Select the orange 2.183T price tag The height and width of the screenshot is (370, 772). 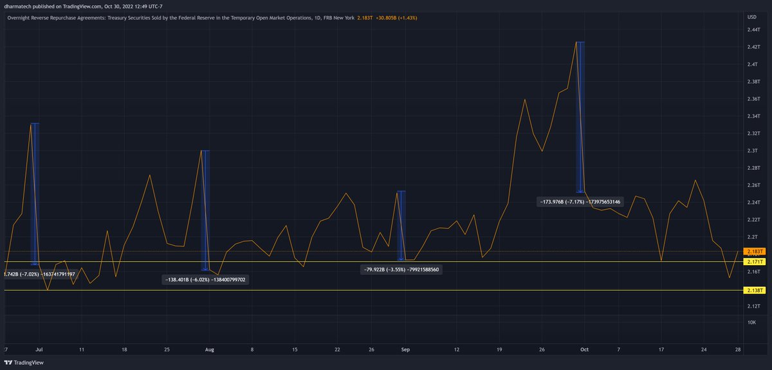(x=754, y=251)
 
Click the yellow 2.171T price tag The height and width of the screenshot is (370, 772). (x=754, y=262)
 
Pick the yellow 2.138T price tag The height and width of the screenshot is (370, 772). (x=754, y=291)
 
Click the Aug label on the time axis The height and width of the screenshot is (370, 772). (x=208, y=350)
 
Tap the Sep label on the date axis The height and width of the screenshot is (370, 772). (x=405, y=350)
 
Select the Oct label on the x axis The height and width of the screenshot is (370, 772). (x=584, y=350)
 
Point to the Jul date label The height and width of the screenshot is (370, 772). (x=39, y=350)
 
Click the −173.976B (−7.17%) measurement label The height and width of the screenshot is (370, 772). (x=581, y=202)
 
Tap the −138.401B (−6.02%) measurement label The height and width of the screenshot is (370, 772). (x=206, y=280)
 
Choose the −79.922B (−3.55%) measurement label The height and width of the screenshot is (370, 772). (x=401, y=270)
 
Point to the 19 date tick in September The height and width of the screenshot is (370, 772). (x=499, y=350)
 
